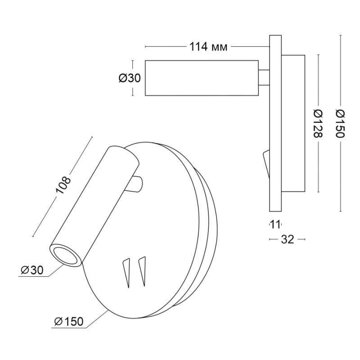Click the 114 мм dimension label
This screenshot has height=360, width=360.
[208, 47]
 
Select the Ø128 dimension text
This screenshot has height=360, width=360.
[318, 123]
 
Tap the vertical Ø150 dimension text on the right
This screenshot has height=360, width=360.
[340, 123]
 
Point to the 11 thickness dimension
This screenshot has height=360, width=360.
[275, 224]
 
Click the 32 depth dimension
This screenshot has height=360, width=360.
[287, 239]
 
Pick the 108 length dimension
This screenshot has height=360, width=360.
[63, 185]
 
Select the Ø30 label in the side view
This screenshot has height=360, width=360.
[130, 78]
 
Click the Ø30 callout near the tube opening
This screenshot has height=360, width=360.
[32, 270]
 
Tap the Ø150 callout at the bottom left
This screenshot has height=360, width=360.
[69, 321]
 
